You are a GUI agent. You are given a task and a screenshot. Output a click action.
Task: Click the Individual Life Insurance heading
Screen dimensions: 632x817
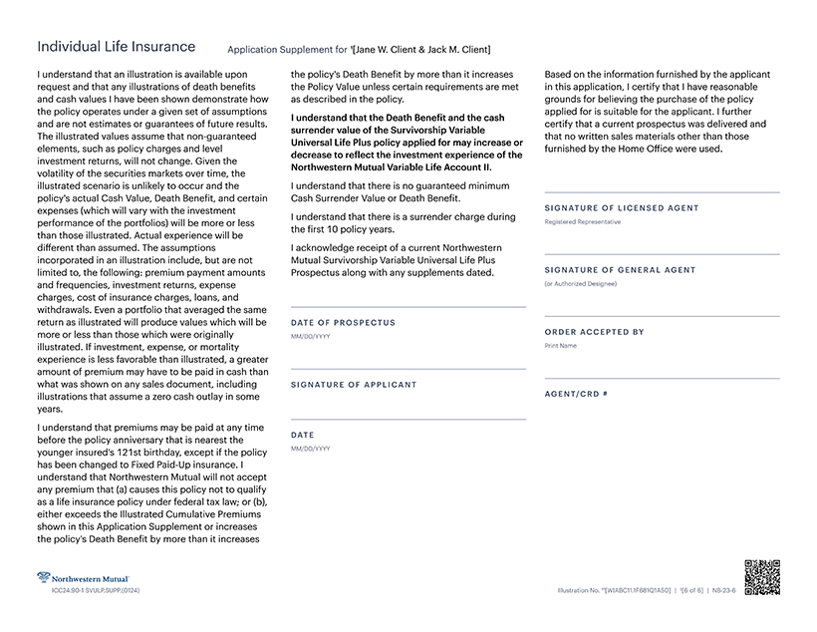tap(116, 47)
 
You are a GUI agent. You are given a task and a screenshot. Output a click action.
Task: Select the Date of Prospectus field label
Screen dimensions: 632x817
tap(343, 323)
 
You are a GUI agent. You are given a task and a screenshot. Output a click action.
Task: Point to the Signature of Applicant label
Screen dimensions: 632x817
tap(354, 384)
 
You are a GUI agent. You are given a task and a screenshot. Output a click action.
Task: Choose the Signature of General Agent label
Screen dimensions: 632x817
tap(620, 270)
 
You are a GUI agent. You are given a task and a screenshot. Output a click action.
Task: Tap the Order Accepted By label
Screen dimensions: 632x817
tap(594, 332)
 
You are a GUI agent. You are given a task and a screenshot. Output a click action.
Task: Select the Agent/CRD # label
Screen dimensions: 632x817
tap(576, 394)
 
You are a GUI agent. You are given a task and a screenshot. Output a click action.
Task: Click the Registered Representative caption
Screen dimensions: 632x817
tap(582, 222)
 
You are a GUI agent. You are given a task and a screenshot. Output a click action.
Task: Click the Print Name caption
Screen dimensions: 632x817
tap(561, 346)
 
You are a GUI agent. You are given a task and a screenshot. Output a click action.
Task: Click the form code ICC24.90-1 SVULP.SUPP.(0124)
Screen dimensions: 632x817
tap(97, 591)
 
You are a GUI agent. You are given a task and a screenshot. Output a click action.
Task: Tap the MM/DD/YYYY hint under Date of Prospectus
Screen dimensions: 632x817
tap(310, 337)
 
